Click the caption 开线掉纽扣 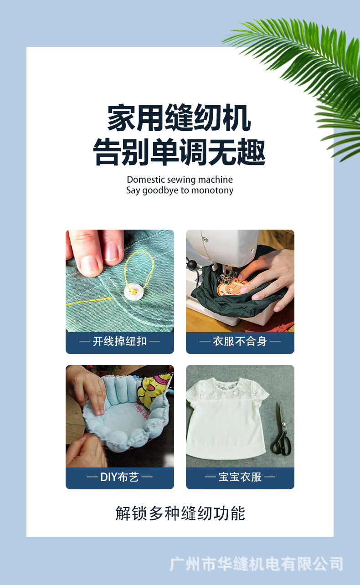point(120,341)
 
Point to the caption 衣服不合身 point(240,341)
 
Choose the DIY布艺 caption point(120,477)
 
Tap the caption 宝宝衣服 point(240,477)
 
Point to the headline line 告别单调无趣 point(180,153)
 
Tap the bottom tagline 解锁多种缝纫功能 point(180,513)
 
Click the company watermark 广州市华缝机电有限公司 point(256,564)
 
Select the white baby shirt point(226,419)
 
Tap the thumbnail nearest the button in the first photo point(112,252)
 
